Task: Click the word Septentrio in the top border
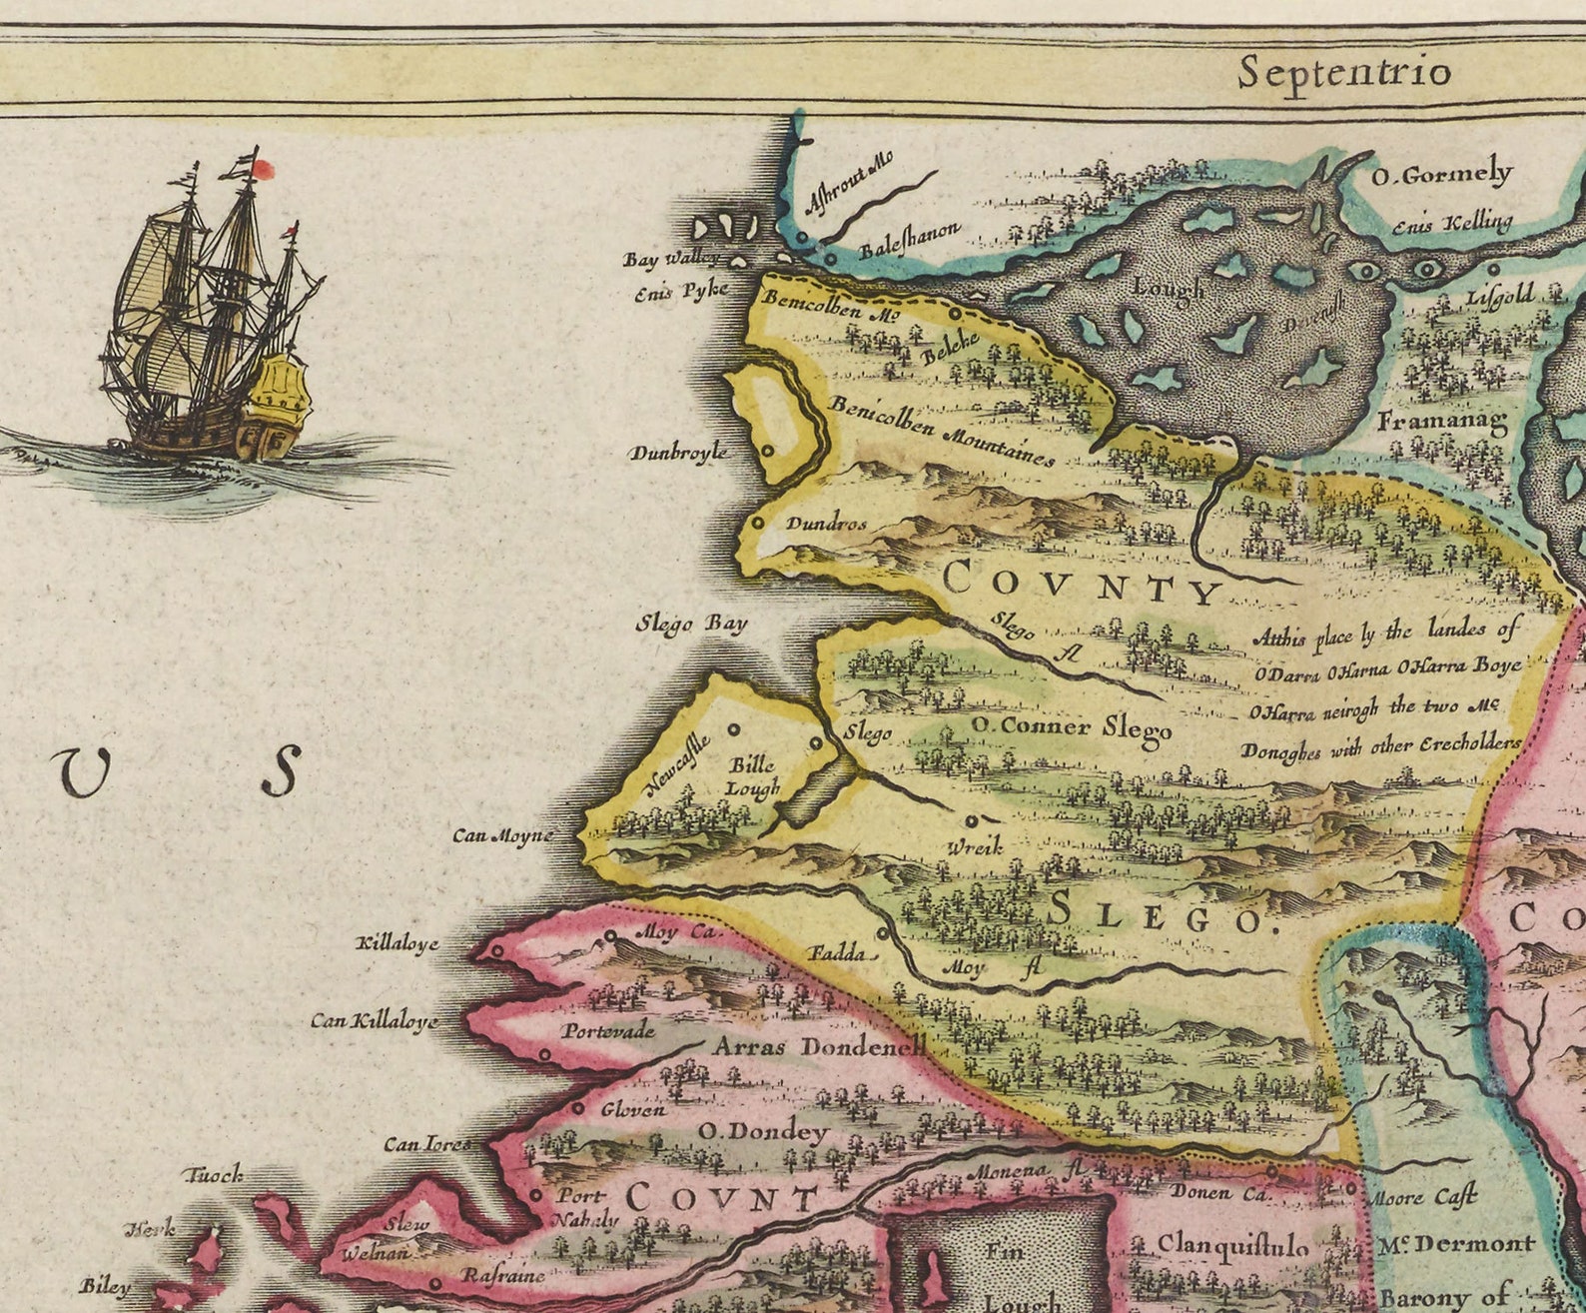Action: tap(1343, 73)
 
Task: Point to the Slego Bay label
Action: tap(691, 625)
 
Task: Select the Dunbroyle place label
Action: tap(677, 453)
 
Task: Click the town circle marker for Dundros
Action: tap(758, 522)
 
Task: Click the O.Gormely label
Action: tap(1441, 176)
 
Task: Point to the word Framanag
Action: tap(1441, 422)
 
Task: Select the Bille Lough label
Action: tap(752, 776)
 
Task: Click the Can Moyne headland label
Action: tap(501, 834)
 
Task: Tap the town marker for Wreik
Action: tap(970, 820)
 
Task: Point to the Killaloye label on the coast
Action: tap(397, 943)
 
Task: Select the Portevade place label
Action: tap(607, 1030)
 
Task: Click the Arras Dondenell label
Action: tap(819, 1047)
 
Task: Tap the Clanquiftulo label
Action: tap(1231, 1245)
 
